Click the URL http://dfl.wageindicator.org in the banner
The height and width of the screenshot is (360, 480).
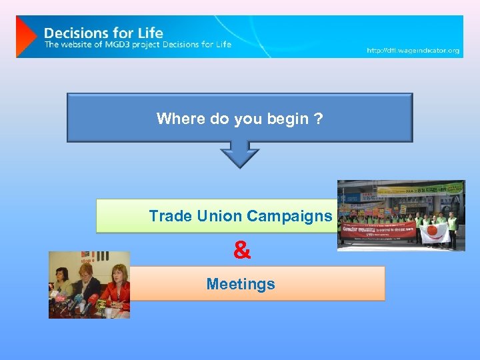pyautogui.click(x=413, y=51)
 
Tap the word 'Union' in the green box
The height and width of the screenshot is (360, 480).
pyautogui.click(x=219, y=216)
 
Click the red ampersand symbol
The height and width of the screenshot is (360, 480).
pyautogui.click(x=243, y=251)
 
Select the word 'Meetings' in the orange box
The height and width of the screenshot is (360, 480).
pyautogui.click(x=241, y=284)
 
